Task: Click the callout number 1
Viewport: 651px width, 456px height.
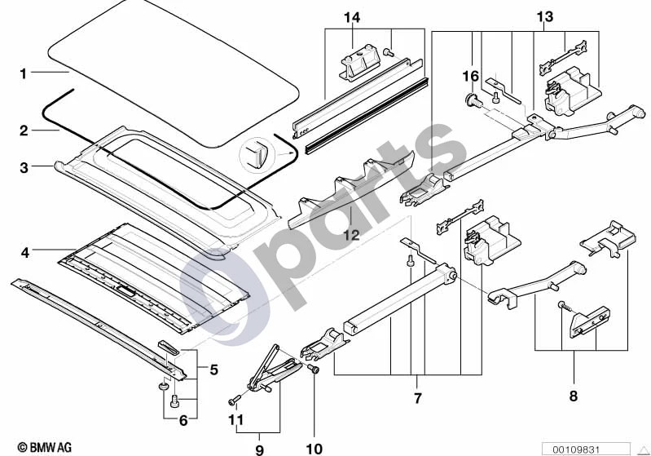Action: [x=24, y=73]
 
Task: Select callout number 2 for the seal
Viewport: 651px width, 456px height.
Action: [x=24, y=131]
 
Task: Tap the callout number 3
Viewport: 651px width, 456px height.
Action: [x=24, y=167]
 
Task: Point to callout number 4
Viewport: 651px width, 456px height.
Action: [x=25, y=252]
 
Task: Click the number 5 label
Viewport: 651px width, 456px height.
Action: [x=213, y=369]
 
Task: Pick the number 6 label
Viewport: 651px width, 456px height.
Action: [x=183, y=421]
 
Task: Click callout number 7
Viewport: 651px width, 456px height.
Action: [x=418, y=398]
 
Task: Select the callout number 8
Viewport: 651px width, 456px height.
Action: [x=574, y=396]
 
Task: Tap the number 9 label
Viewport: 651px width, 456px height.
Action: [x=259, y=449]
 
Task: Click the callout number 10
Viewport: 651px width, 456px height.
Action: [x=315, y=449]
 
